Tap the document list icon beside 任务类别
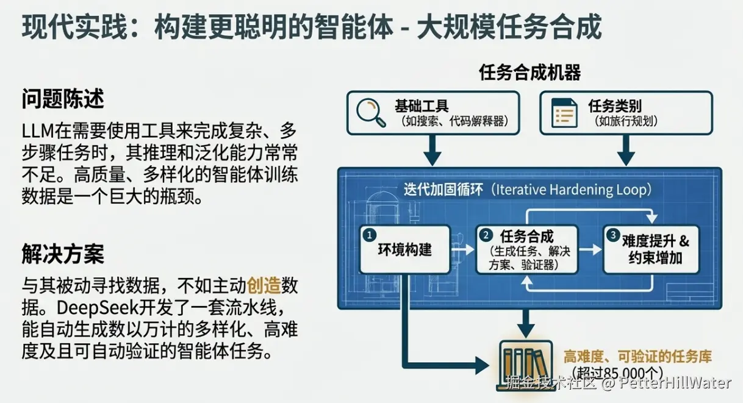pyautogui.click(x=564, y=113)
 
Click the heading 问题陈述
pyautogui.click(x=63, y=99)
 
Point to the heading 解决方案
pyautogui.click(x=63, y=254)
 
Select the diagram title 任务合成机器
pyautogui.click(x=529, y=73)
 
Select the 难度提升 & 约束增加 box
pyautogui.click(x=650, y=249)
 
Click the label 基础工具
pyautogui.click(x=422, y=105)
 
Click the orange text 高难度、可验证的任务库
pyautogui.click(x=637, y=357)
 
